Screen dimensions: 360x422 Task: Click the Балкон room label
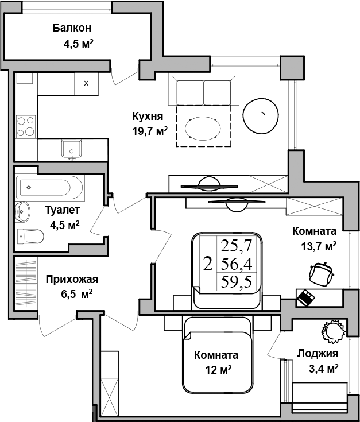coord(72,28)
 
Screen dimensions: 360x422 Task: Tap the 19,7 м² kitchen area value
coord(150,131)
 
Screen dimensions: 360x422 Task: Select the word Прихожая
coord(72,280)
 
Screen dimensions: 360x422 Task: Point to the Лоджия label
coord(318,353)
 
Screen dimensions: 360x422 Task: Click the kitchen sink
coord(71,149)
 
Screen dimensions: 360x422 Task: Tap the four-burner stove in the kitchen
coord(26,126)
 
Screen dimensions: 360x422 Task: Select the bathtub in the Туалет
coord(50,188)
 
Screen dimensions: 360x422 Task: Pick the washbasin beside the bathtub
coord(22,212)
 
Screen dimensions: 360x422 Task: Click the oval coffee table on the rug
coord(203,129)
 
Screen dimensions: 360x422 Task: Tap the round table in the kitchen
coord(261,116)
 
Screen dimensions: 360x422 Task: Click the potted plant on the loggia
coord(333,332)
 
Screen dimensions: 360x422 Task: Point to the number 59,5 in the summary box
coord(236,282)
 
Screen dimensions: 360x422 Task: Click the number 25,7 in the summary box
coord(236,245)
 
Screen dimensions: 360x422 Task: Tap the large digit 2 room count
coord(208,264)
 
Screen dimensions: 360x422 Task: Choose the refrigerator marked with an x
coord(86,83)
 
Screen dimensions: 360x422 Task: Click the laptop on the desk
coord(305,297)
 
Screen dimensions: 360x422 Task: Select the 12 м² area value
coord(218,370)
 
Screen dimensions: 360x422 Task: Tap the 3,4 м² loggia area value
coord(323,369)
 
